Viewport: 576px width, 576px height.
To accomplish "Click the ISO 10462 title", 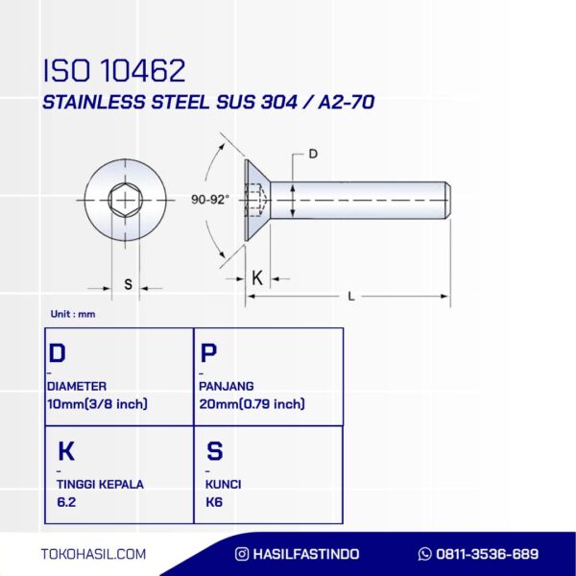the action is click(114, 70).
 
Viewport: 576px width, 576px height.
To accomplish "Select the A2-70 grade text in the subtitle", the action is click(347, 102).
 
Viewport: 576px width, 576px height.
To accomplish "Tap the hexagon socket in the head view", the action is click(125, 201).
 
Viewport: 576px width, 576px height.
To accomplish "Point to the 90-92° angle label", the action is click(209, 200).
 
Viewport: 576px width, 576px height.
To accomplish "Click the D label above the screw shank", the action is click(313, 154).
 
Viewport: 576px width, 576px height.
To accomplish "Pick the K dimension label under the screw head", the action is click(257, 278).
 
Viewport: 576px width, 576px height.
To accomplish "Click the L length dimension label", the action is click(351, 296).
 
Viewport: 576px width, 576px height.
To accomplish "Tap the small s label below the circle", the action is click(128, 284).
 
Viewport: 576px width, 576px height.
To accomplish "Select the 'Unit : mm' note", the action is click(73, 314).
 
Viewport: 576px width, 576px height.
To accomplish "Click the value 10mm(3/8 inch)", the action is click(97, 404).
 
